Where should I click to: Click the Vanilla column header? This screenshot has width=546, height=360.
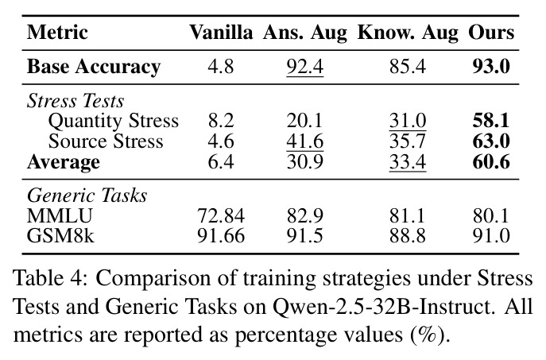(221, 33)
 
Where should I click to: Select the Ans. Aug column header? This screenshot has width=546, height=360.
(305, 33)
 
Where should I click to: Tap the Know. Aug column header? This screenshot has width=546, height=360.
(408, 33)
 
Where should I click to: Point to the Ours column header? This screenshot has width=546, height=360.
(491, 33)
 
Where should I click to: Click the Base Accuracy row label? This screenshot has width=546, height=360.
(94, 67)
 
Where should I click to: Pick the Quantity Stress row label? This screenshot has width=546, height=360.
(114, 121)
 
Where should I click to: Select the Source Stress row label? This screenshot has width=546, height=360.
(106, 141)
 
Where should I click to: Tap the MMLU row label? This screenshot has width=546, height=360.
(60, 215)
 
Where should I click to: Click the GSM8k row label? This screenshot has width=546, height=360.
(60, 236)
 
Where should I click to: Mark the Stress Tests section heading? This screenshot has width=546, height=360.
(76, 101)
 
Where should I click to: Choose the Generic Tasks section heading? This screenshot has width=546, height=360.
(87, 195)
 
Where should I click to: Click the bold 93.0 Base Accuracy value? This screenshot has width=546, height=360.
(491, 66)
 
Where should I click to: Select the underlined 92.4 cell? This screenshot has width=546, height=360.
(305, 67)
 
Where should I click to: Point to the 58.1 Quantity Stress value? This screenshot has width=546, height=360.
(491, 121)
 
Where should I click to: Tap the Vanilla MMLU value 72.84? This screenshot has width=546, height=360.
(221, 215)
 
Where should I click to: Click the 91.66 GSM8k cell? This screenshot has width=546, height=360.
(221, 236)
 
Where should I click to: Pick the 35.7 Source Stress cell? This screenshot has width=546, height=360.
(408, 141)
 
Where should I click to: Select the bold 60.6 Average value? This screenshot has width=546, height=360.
(491, 162)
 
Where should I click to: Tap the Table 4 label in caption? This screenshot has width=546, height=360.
(48, 278)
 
